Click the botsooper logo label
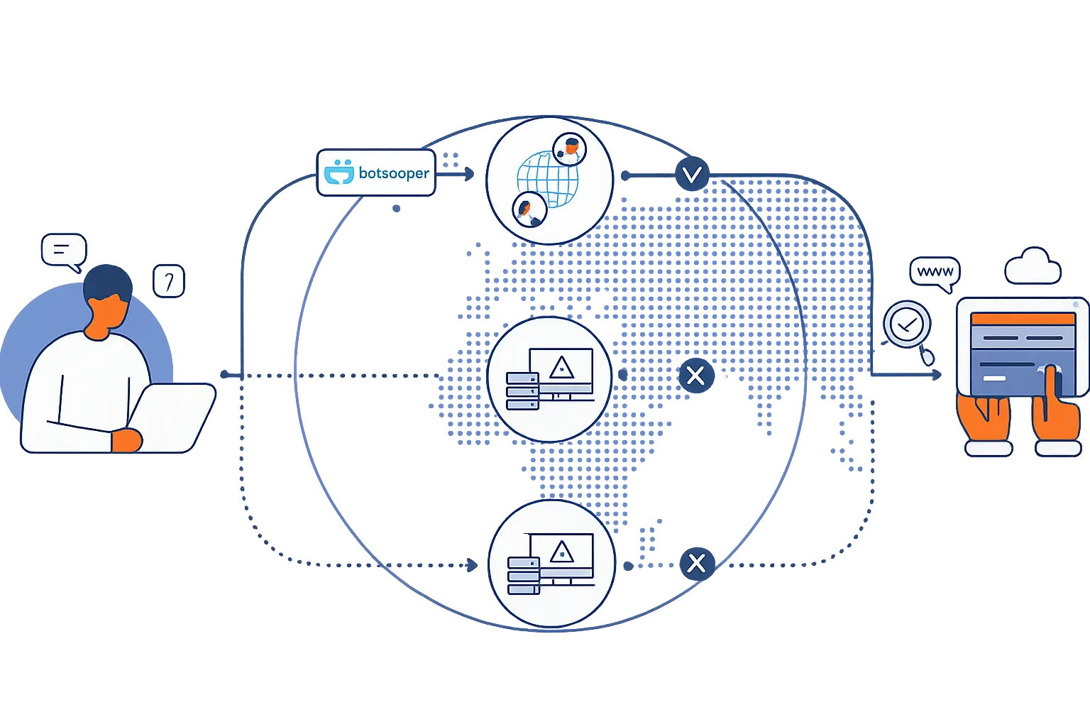tap(375, 173)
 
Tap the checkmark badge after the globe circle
tap(692, 174)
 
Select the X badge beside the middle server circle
tap(695, 375)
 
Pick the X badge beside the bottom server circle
tap(696, 563)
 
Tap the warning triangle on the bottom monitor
tap(562, 552)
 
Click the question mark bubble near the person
tap(169, 282)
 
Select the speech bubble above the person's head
tap(63, 251)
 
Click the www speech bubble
tap(935, 272)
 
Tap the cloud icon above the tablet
tap(1033, 266)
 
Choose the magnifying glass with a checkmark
tap(907, 326)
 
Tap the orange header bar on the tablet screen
tap(1023, 319)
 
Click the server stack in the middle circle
tap(522, 390)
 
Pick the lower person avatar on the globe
tap(529, 209)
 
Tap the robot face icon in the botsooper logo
tap(338, 173)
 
